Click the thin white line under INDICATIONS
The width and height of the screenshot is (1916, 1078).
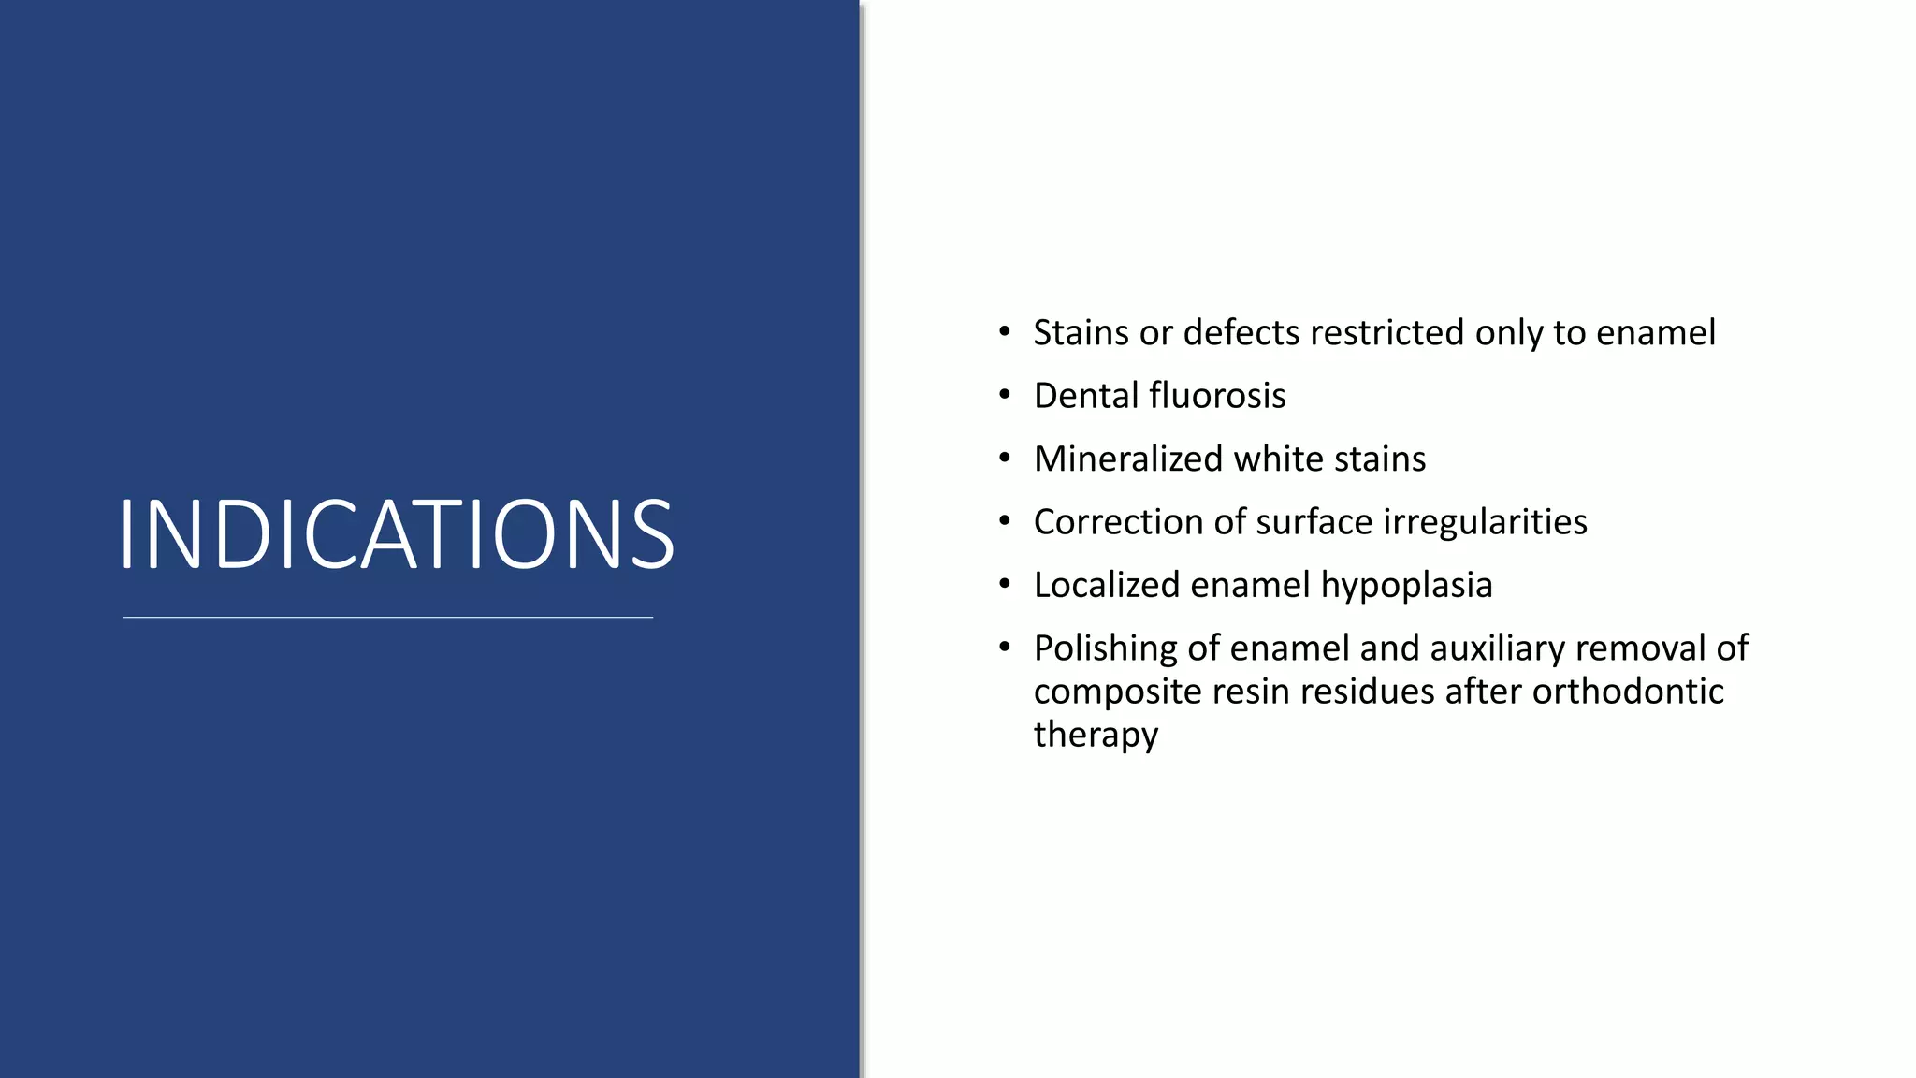[x=388, y=618]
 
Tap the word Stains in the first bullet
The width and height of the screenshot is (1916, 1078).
[x=1081, y=333]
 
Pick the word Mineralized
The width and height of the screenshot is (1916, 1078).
[x=1128, y=459]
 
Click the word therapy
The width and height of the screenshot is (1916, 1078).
[x=1096, y=736]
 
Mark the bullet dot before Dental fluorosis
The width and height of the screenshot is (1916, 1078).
[x=1005, y=395]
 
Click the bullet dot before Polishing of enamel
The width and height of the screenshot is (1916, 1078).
[x=1005, y=647]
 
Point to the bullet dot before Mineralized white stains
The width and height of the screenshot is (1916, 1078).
[x=1005, y=458]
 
